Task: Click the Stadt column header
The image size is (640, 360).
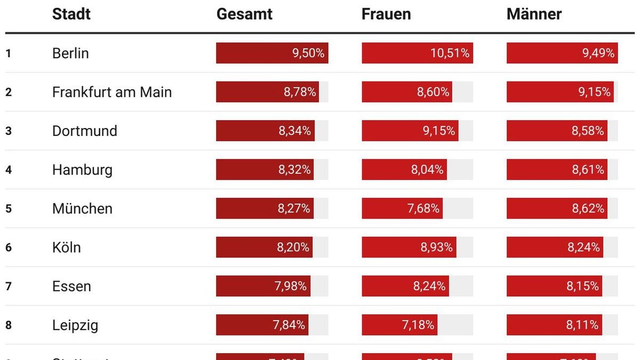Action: click(71, 14)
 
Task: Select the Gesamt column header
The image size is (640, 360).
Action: click(244, 14)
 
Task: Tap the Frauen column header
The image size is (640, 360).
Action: click(386, 14)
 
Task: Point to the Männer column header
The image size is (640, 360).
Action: click(534, 14)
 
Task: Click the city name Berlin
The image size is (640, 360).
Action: click(70, 53)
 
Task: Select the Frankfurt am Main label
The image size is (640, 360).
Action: click(112, 92)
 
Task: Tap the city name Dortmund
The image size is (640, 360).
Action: click(84, 131)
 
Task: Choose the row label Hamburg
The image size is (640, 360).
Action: click(82, 170)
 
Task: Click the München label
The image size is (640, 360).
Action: click(82, 209)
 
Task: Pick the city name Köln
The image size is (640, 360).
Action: click(67, 247)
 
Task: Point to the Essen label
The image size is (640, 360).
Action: click(71, 286)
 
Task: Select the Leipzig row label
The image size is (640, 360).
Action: click(75, 325)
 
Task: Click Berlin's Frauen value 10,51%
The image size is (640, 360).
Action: click(450, 53)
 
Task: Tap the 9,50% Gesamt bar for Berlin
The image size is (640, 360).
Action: click(272, 53)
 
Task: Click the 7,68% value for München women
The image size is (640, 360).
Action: click(423, 209)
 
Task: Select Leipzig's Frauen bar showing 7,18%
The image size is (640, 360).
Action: click(399, 325)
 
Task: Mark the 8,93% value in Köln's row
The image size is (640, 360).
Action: click(437, 247)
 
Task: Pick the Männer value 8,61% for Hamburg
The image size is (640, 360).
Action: click(588, 170)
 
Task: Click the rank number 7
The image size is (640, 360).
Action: click(9, 286)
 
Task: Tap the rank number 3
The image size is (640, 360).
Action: click(9, 131)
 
